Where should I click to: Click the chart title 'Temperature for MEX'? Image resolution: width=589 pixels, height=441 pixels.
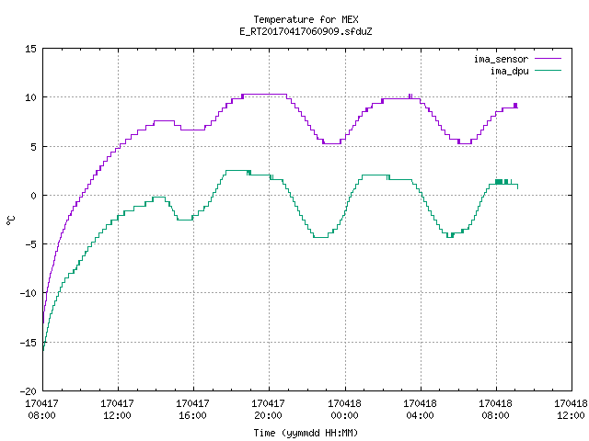[306, 19]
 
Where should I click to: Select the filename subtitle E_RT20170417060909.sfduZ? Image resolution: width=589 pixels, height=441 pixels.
[306, 31]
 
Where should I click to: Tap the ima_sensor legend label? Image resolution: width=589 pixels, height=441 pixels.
[501, 59]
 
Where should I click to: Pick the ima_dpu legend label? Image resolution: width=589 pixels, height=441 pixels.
[509, 71]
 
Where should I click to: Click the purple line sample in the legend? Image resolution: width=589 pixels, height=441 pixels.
[549, 59]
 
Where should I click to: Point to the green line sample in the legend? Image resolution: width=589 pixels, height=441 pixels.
[549, 70]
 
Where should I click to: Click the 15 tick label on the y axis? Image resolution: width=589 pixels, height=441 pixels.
[30, 49]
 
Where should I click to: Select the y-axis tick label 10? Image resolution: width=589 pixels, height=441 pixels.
[30, 97]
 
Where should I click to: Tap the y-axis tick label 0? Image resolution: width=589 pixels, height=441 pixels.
[34, 196]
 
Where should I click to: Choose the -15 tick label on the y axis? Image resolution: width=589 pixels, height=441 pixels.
[28, 343]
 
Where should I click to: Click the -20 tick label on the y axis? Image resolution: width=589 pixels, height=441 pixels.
[28, 391]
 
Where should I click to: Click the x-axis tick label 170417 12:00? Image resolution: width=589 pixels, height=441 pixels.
[117, 410]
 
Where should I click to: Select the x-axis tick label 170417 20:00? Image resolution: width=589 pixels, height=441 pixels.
[268, 410]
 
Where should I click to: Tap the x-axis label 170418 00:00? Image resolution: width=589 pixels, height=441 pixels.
[344, 410]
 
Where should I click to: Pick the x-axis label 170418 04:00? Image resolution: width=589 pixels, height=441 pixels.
[420, 410]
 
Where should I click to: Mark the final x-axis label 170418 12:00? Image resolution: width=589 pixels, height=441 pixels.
[571, 410]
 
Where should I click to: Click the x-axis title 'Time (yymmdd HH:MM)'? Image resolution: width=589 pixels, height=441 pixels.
[306, 433]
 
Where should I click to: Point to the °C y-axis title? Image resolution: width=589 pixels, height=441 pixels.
[10, 220]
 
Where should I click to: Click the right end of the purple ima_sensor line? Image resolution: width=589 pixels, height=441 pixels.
[517, 107]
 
